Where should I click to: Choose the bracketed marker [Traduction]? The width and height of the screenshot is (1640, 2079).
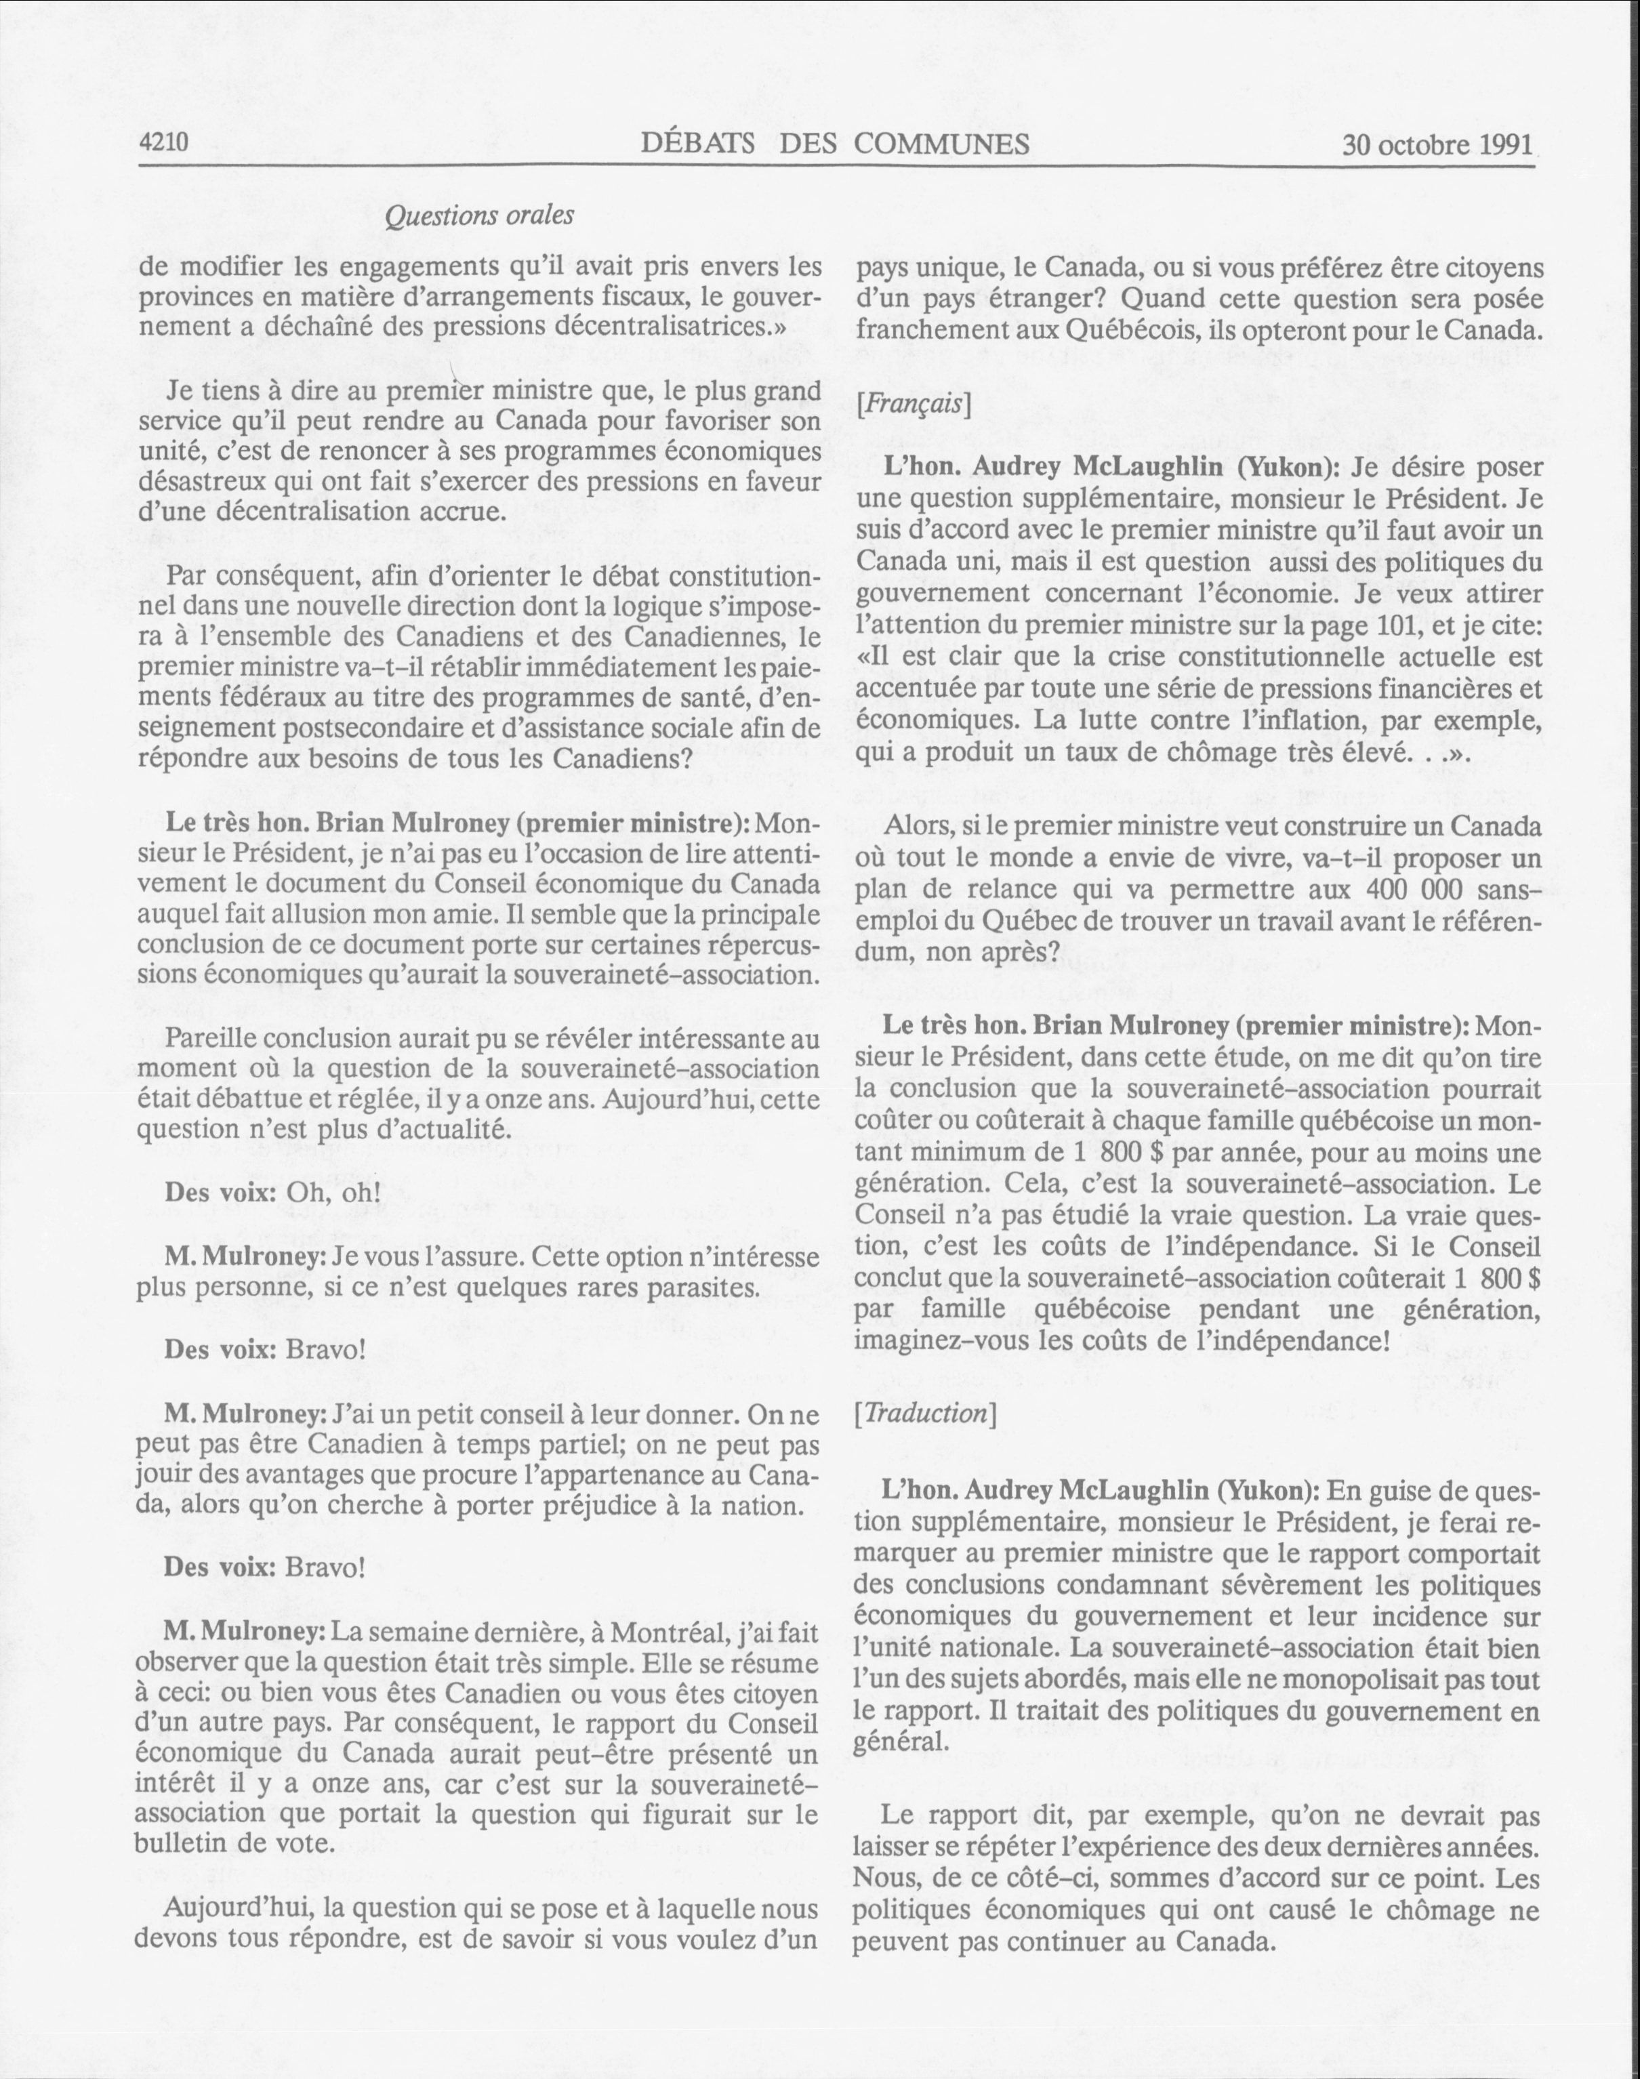(924, 1414)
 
